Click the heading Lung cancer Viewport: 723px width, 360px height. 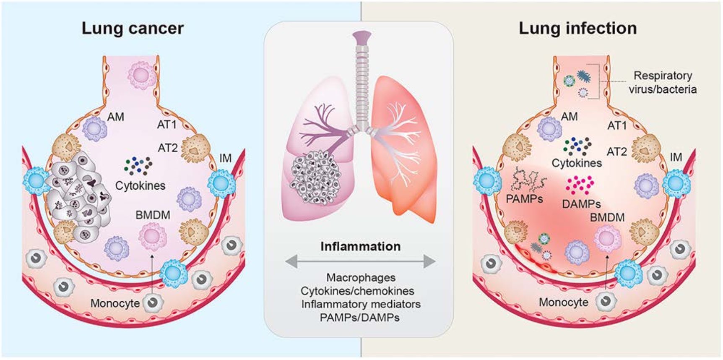(133, 29)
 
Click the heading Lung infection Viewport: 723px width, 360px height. (577, 29)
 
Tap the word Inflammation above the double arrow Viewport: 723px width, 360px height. (360, 246)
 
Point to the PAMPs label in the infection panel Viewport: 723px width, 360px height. (524, 198)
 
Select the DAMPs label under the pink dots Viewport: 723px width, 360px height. (581, 204)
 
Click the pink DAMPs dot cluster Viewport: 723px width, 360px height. (580, 185)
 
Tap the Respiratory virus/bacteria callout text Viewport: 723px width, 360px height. (662, 82)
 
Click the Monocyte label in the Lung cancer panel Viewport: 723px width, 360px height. (115, 303)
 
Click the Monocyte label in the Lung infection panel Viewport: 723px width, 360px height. (563, 302)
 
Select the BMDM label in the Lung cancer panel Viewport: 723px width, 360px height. (153, 215)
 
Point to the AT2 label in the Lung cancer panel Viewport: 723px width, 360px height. (167, 148)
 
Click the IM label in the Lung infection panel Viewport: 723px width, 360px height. (676, 157)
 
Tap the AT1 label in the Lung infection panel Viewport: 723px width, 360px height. (616, 125)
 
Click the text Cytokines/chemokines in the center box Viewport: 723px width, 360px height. (357, 291)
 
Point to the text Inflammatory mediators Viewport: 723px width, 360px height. (361, 304)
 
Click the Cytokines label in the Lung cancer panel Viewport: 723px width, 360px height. (140, 185)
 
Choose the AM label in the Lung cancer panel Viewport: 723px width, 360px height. (116, 117)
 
